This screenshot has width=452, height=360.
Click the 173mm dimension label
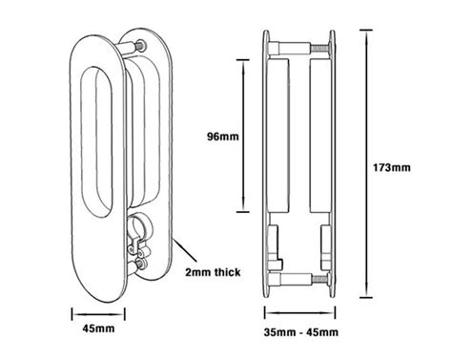[x=392, y=167]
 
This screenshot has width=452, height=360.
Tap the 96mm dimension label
[x=222, y=137]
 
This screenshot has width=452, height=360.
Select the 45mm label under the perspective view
[x=98, y=328]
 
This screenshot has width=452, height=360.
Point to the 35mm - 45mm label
[x=300, y=332]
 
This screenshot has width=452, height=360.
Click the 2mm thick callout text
[x=213, y=272]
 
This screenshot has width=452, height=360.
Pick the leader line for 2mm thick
[x=185, y=251]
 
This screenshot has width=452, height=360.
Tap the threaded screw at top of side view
[x=319, y=49]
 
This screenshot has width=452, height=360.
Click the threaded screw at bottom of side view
[x=319, y=279]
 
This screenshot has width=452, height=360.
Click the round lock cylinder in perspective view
[x=139, y=224]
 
